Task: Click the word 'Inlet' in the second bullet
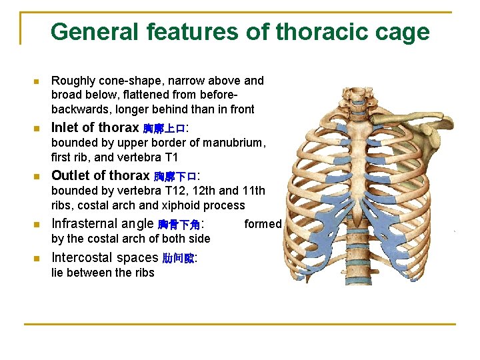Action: tap(65, 127)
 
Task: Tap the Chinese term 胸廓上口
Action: tap(164, 129)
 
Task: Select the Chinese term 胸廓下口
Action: tap(175, 177)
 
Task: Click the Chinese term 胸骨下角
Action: tap(179, 225)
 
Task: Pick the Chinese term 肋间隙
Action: tap(178, 259)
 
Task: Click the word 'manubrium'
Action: tap(236, 143)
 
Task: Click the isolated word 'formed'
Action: tap(263, 224)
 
